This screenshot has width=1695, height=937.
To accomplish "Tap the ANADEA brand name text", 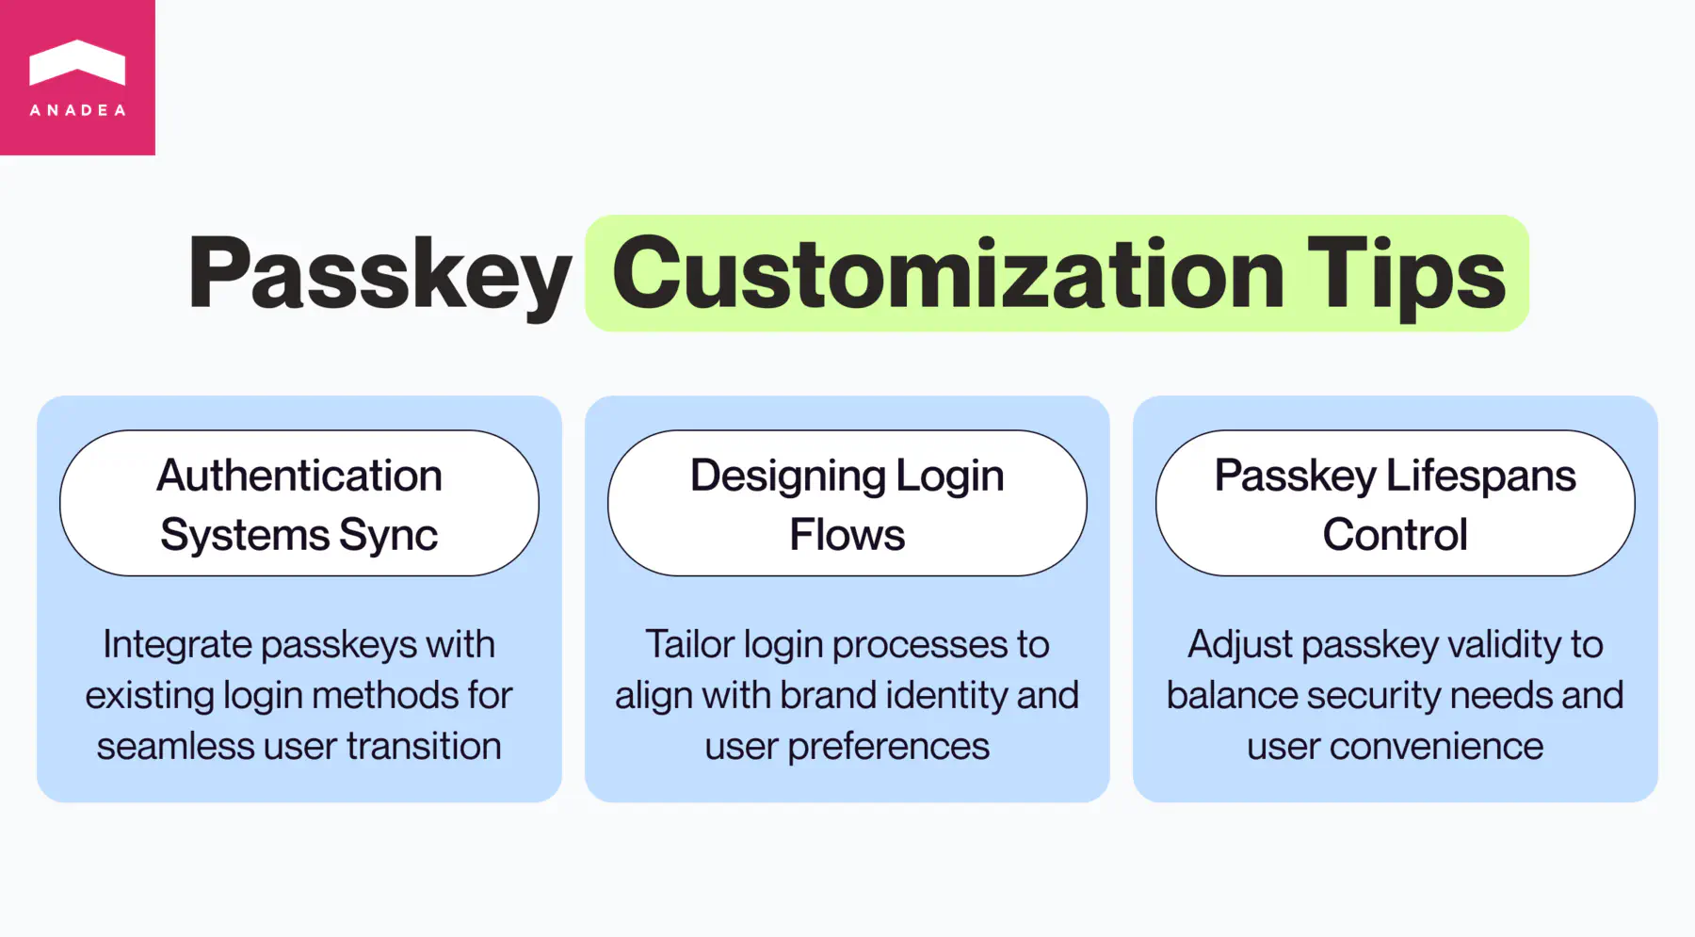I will (77, 110).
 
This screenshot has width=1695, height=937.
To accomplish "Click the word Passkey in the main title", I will (379, 274).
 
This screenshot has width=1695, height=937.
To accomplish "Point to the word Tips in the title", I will (1406, 274).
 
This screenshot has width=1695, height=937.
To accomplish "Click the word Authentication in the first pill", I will (299, 476).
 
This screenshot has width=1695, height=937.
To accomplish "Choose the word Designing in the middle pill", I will (787, 477).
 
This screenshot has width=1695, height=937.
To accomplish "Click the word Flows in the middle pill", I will (847, 535).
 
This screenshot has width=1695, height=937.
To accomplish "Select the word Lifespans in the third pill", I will (1481, 477).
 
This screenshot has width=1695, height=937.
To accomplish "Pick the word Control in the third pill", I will (1395, 535).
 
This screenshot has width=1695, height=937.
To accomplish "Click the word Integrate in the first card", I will (177, 645).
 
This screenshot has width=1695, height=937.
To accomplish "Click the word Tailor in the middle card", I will (689, 645).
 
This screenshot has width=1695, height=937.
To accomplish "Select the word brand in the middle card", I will (828, 696).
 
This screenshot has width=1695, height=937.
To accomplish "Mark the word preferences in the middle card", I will (888, 747).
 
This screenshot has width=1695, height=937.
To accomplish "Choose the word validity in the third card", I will (1504, 645).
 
